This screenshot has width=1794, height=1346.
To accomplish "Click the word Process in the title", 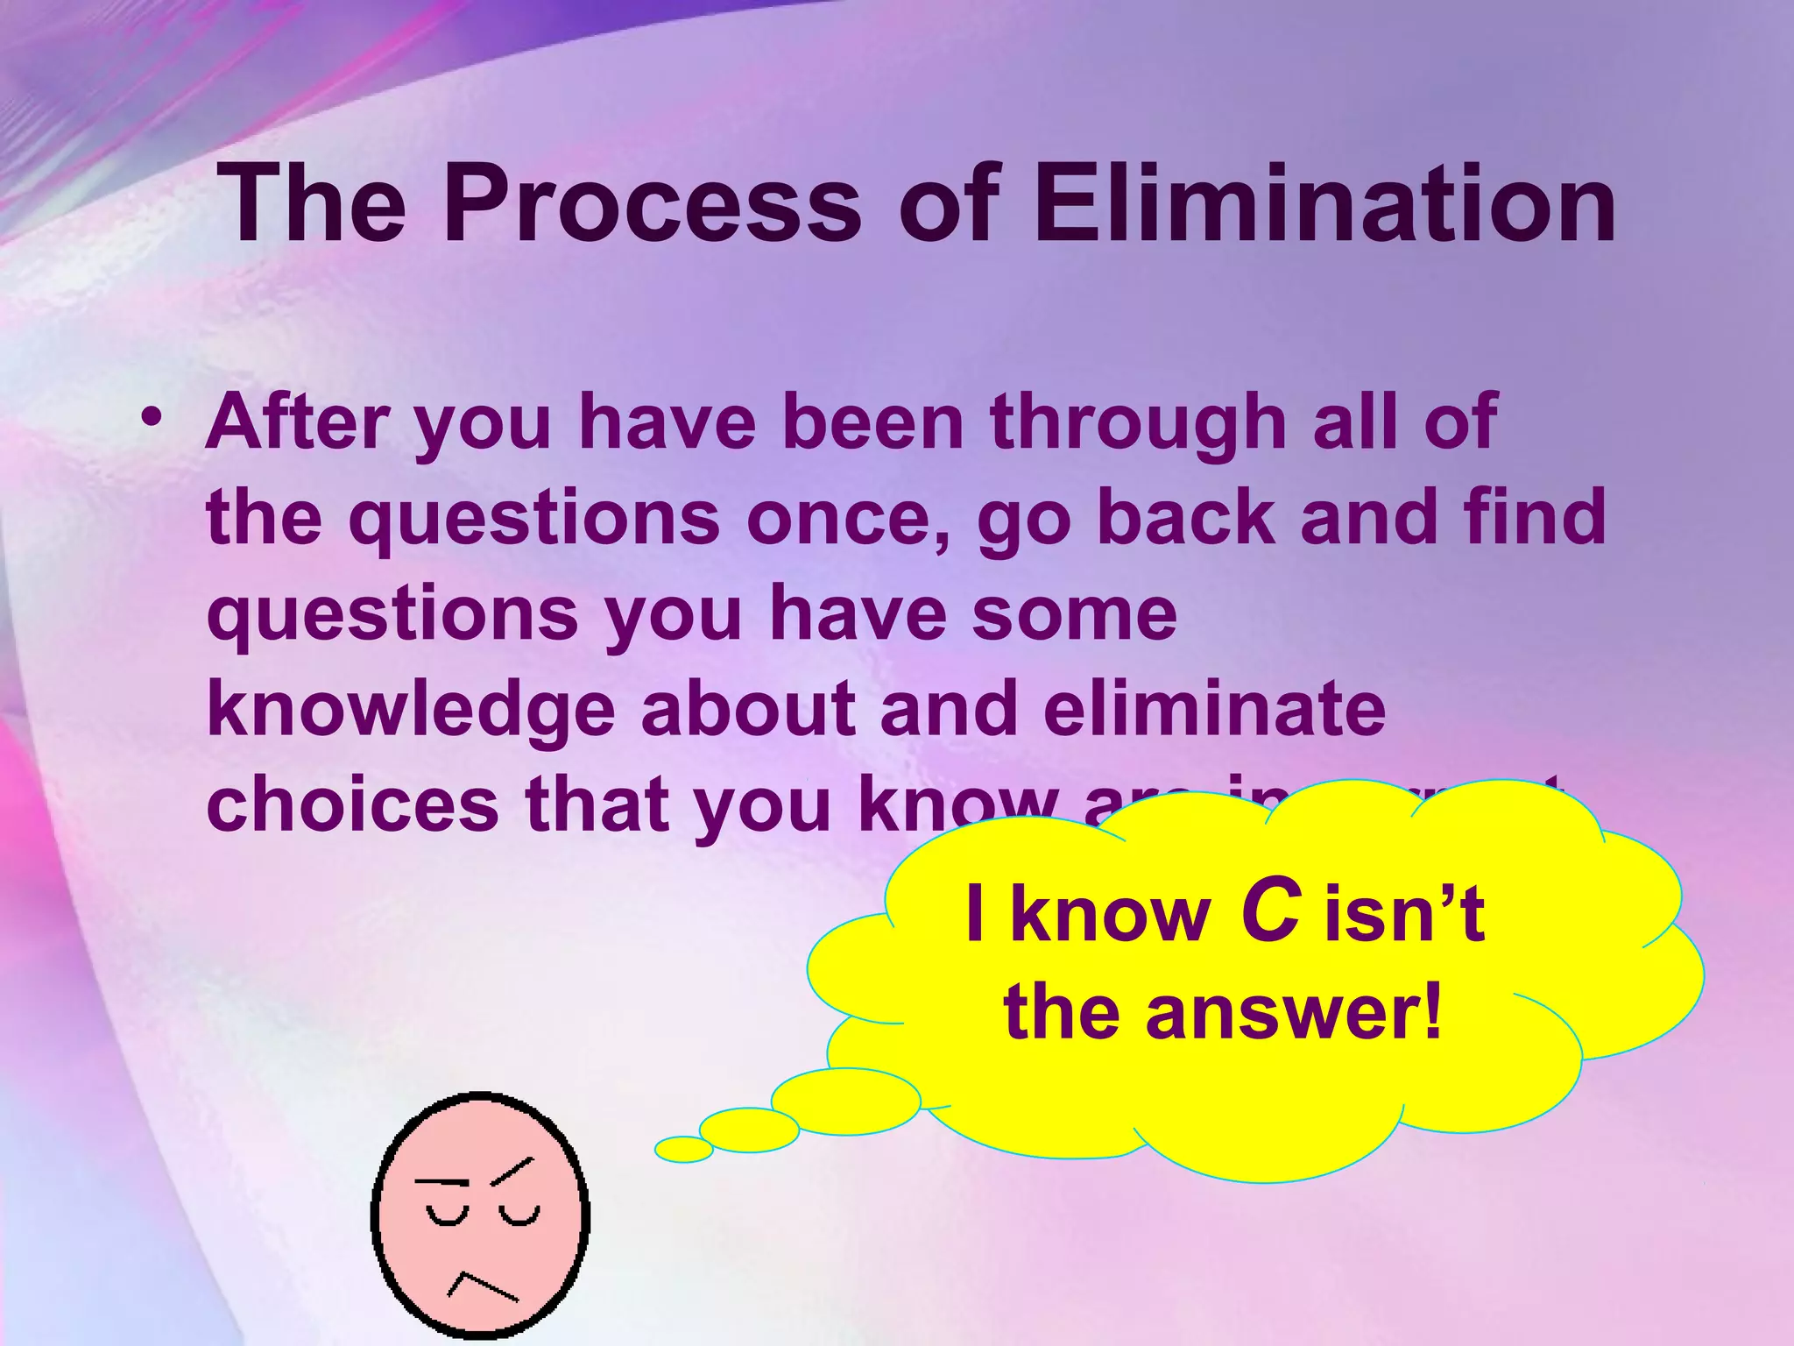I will pos(653,205).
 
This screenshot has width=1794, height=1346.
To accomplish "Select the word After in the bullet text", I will pos(297,422).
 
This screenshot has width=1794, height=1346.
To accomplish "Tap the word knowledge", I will pos(411,710).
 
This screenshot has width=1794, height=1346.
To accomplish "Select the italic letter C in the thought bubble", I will pos(1269,913).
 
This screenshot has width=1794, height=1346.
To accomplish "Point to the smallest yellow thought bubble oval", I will pos(683,1149).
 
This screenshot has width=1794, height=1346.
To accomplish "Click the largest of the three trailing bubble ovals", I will pos(845,1102).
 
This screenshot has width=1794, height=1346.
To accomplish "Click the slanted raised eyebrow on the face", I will pos(512,1171).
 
